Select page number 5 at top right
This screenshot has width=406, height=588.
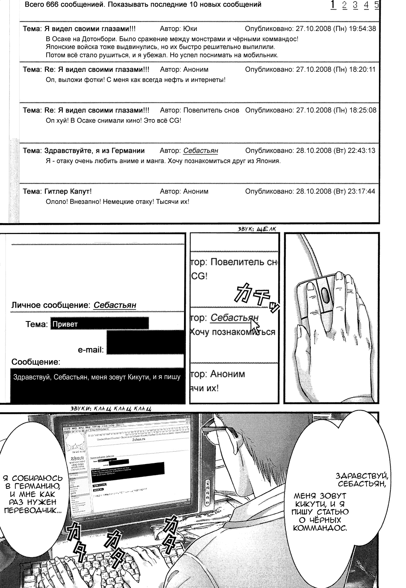point(376,5)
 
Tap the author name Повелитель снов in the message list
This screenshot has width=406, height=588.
point(211,110)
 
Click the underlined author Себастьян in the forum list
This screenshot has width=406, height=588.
point(200,151)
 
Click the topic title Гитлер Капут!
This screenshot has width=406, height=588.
point(68,192)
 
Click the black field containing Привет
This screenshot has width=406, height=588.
point(100,324)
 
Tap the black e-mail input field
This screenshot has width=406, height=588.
point(145,342)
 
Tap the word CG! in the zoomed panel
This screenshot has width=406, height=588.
point(199,276)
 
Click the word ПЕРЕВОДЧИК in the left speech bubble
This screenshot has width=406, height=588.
point(32,511)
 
